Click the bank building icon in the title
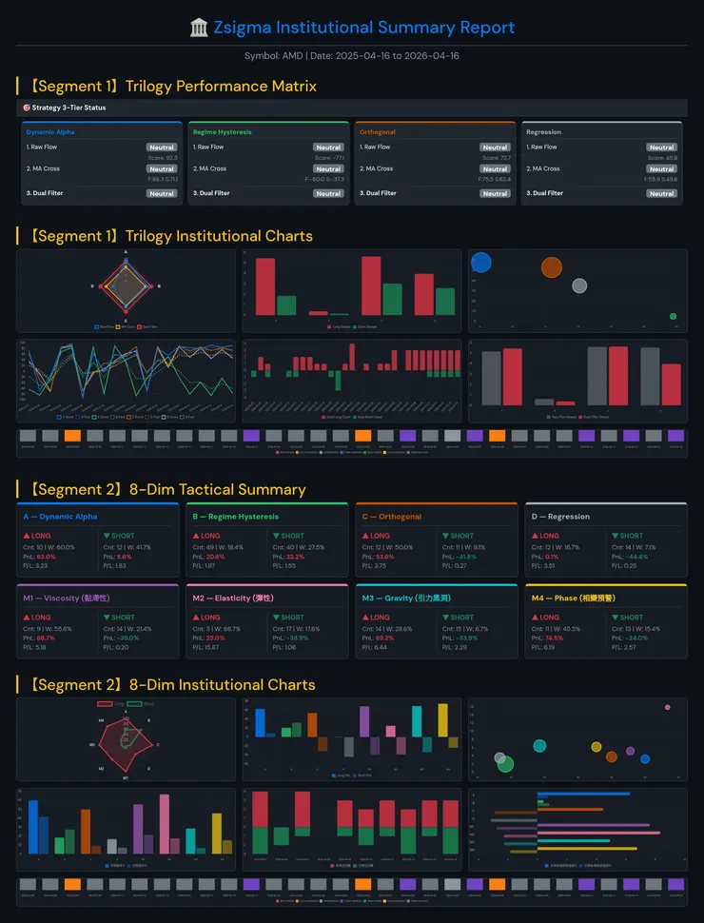(x=200, y=28)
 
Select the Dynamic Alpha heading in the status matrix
(x=50, y=132)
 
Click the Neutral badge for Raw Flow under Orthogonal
(x=495, y=147)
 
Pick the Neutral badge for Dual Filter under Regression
(x=661, y=193)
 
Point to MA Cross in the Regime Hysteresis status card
(x=209, y=168)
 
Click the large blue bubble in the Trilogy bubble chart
(x=481, y=262)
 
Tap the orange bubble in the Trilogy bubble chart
(x=552, y=267)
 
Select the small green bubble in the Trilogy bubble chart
(x=673, y=316)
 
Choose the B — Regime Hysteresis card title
(x=235, y=517)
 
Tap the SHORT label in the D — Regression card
(x=632, y=536)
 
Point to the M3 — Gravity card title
(x=399, y=598)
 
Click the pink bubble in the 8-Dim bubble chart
(x=667, y=707)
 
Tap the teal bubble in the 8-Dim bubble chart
(x=539, y=745)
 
